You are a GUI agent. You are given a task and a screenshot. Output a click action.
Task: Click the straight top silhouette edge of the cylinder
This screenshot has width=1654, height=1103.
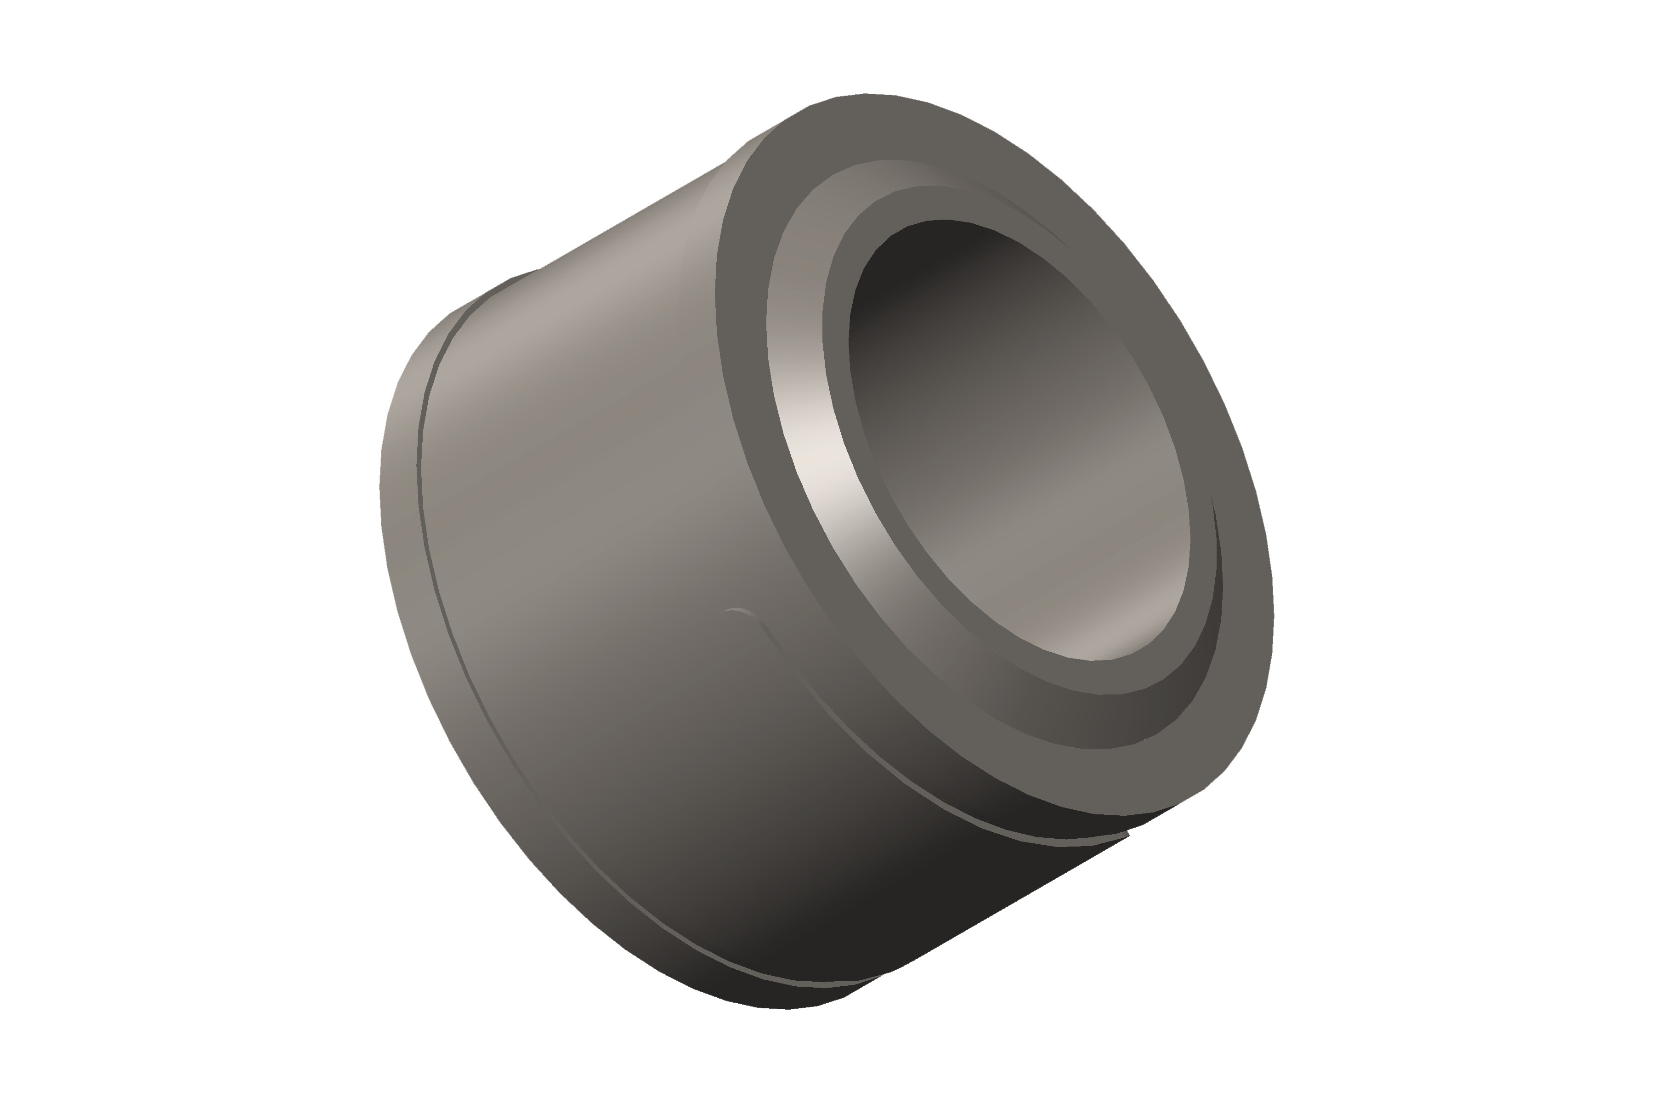click(633, 215)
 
